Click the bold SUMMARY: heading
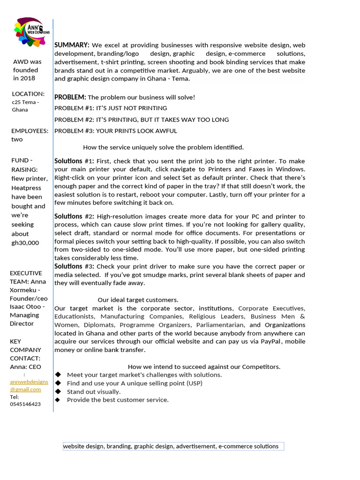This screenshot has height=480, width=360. (x=72, y=45)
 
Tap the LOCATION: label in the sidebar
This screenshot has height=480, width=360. (x=28, y=94)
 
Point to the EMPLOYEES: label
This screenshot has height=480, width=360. (x=30, y=131)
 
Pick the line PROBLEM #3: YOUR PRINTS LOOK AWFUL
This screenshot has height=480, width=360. (x=116, y=131)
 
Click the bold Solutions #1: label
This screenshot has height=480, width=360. (x=74, y=161)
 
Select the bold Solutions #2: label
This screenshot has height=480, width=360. (x=74, y=217)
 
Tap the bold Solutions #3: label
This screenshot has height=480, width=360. (x=74, y=266)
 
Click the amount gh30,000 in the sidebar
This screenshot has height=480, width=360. (x=25, y=243)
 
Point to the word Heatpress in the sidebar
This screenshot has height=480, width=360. (x=26, y=187)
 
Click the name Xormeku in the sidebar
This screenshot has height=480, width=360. (x=23, y=290)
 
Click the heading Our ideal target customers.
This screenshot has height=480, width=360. (x=138, y=300)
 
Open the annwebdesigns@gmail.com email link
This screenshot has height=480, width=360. (x=29, y=385)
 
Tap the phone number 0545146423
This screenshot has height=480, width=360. (x=25, y=404)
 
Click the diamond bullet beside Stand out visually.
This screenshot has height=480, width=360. (x=58, y=391)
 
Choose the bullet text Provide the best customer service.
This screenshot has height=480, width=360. (x=118, y=400)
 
